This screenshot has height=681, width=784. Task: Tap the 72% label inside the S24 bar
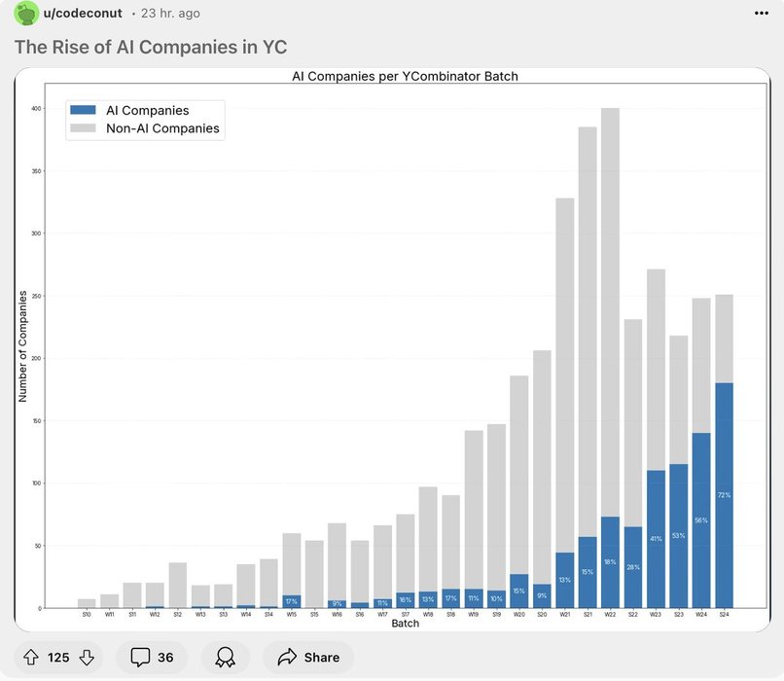724,495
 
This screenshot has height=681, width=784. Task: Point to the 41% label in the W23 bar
656,538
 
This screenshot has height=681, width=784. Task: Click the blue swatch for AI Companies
84,111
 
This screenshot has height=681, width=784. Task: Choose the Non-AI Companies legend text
162,128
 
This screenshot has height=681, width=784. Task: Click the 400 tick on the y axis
35,109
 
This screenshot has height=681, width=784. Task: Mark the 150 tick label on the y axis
35,421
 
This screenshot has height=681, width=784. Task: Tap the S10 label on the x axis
87,615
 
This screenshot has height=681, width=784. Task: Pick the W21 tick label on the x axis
564,615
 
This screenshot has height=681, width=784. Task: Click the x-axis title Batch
405,623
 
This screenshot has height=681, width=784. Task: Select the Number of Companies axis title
23,345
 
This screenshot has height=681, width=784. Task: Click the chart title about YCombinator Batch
405,76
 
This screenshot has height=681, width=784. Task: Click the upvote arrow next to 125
30,658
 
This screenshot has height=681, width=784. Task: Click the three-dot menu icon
761,14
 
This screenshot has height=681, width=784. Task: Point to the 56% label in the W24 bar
701,520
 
